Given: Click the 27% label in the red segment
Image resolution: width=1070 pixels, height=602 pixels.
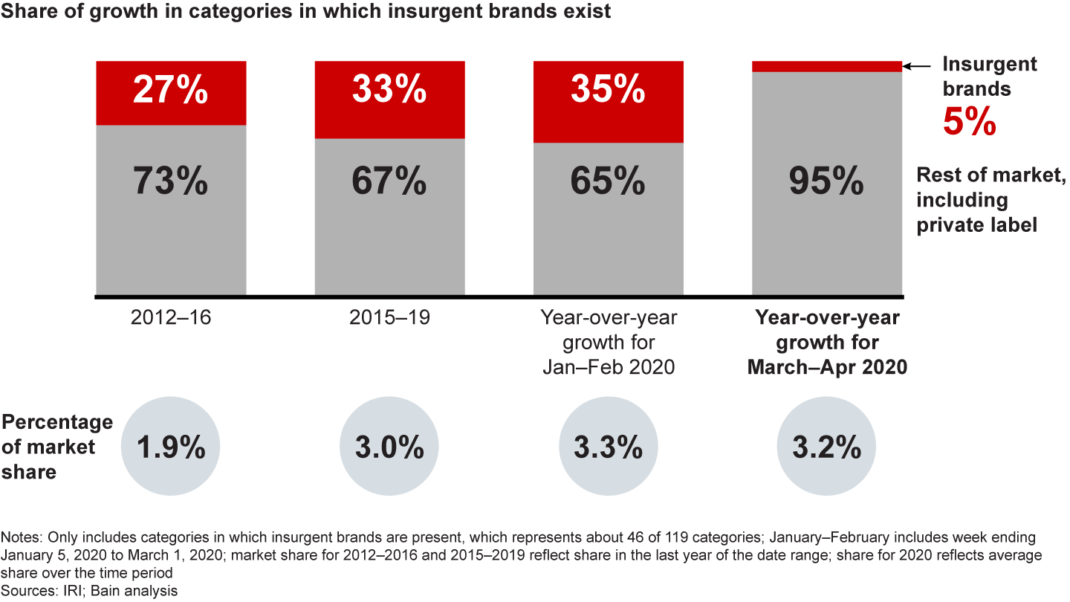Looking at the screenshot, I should coord(170,91).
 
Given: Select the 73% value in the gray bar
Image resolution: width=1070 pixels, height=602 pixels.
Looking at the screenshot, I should coord(170,181).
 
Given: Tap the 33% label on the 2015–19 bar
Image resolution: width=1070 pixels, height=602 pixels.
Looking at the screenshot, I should coord(389,91).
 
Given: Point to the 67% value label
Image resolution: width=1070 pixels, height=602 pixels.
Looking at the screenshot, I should coord(389,181).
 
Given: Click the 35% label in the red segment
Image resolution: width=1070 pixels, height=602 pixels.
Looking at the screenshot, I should coord(608,91).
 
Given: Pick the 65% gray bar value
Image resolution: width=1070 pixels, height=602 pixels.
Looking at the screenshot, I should coord(608,181).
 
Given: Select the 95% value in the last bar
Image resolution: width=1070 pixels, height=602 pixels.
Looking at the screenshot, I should coord(826,181).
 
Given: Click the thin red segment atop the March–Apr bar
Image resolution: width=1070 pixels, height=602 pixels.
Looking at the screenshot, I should coord(826,66).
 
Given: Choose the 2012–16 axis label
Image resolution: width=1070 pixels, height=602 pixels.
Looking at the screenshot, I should coord(170,318).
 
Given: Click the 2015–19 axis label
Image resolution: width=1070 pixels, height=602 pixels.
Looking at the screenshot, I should coord(389,318).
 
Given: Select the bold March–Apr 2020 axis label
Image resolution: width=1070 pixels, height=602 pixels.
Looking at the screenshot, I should coord(827,343).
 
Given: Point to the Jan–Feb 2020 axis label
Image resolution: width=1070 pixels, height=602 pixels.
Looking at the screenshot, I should coord(608,343).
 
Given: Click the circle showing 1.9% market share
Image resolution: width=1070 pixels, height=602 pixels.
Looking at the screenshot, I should coord(170,448).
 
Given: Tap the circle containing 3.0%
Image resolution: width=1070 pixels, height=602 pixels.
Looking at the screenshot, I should coord(389,448).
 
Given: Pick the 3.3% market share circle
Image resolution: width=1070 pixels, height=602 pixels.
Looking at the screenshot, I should coord(608,448).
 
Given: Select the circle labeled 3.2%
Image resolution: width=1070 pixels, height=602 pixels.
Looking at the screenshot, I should coord(826,448).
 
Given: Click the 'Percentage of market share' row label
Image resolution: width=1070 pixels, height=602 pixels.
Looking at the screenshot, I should coord(56,447).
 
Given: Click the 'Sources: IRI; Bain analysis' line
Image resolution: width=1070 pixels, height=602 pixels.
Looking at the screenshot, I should coord(89,590).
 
